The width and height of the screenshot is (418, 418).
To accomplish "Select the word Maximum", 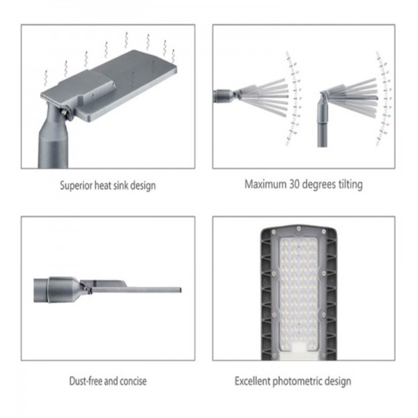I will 263,185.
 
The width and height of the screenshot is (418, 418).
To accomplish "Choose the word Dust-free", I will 81,381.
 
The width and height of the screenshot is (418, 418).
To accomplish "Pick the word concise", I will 132,381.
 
